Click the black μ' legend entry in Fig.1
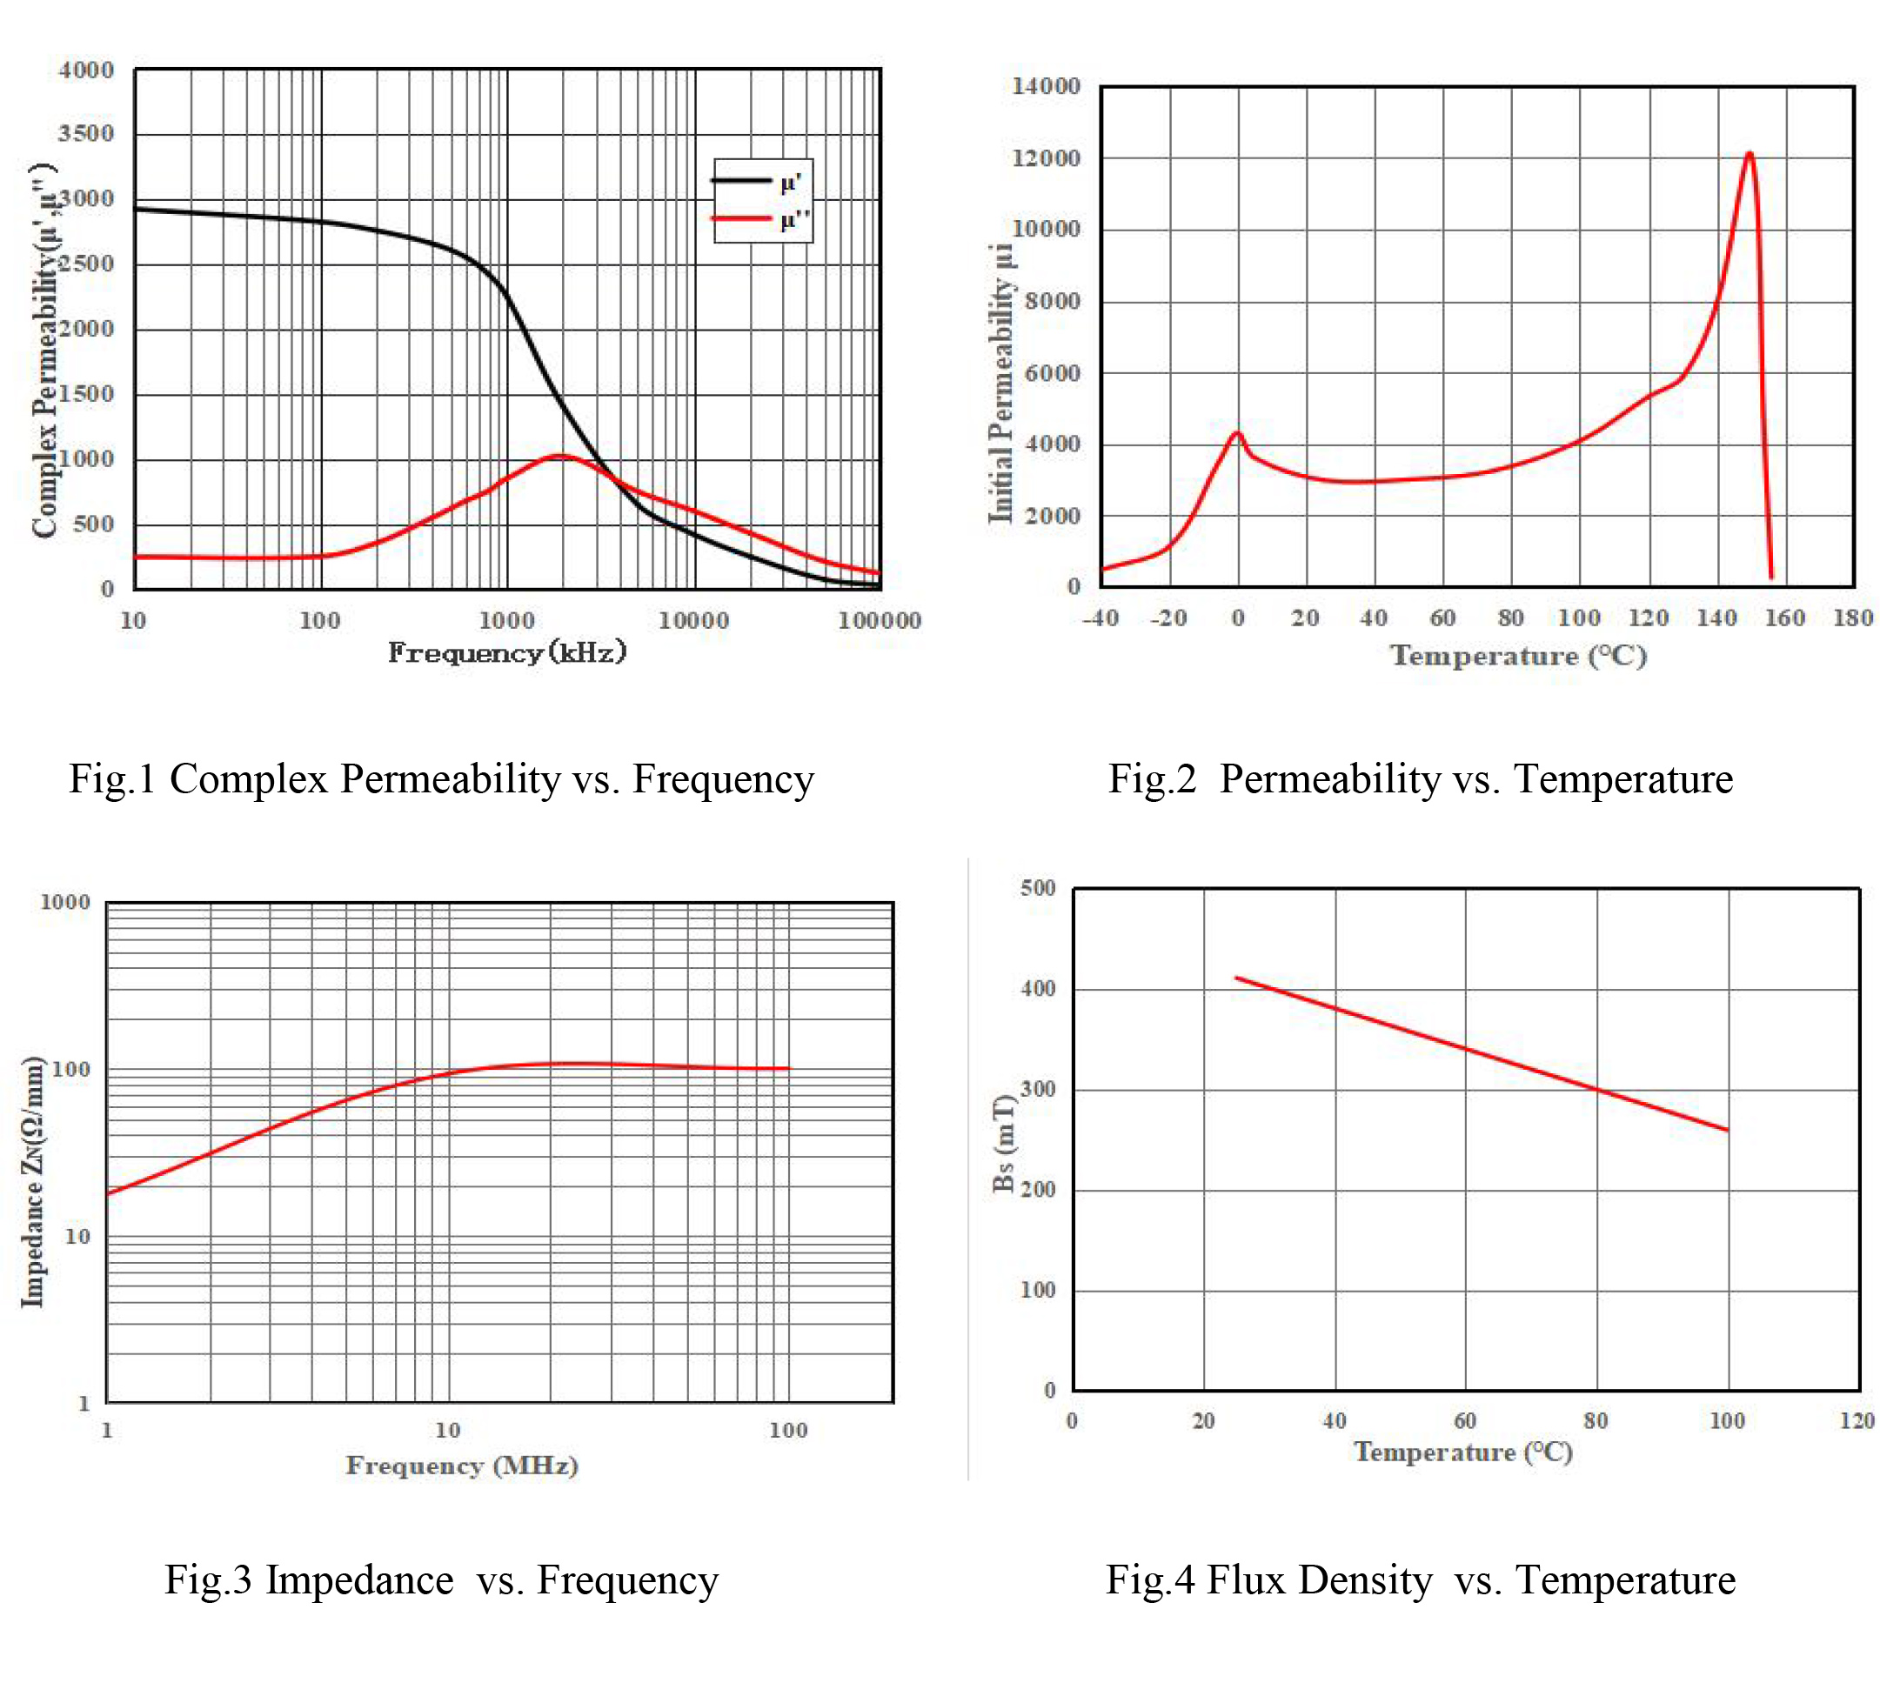[x=759, y=181]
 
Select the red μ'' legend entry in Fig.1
[x=759, y=219]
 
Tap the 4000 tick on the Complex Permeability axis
[x=86, y=70]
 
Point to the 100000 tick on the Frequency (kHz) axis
[x=879, y=620]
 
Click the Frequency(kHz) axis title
[x=507, y=653]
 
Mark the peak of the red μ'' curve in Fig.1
[x=559, y=456]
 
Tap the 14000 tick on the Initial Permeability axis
[x=1046, y=86]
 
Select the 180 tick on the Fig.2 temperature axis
[x=1852, y=618]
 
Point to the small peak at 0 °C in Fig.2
[x=1237, y=433]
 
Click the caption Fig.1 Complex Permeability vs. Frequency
[x=441, y=778]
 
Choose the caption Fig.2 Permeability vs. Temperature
[x=1421, y=778]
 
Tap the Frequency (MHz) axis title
[x=461, y=1466]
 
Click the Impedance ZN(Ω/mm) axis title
[x=33, y=1181]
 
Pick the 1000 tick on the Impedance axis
[x=64, y=903]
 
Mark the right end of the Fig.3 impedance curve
[x=789, y=1068]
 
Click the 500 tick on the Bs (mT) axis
[x=1038, y=889]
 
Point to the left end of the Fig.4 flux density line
[x=1236, y=978]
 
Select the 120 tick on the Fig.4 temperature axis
[x=1856, y=1421]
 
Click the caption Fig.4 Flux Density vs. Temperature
[x=1421, y=1580]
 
